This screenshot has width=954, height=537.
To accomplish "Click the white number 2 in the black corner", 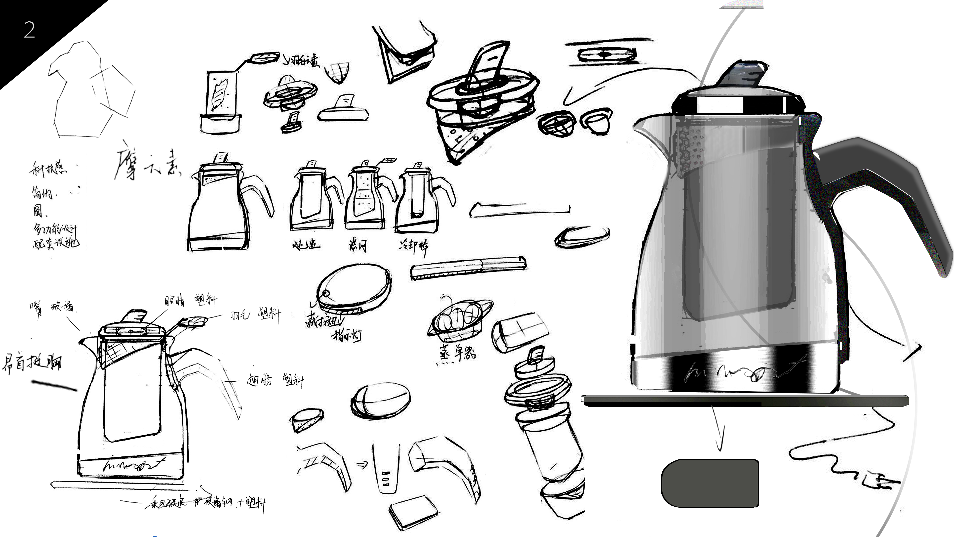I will coord(29,30).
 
